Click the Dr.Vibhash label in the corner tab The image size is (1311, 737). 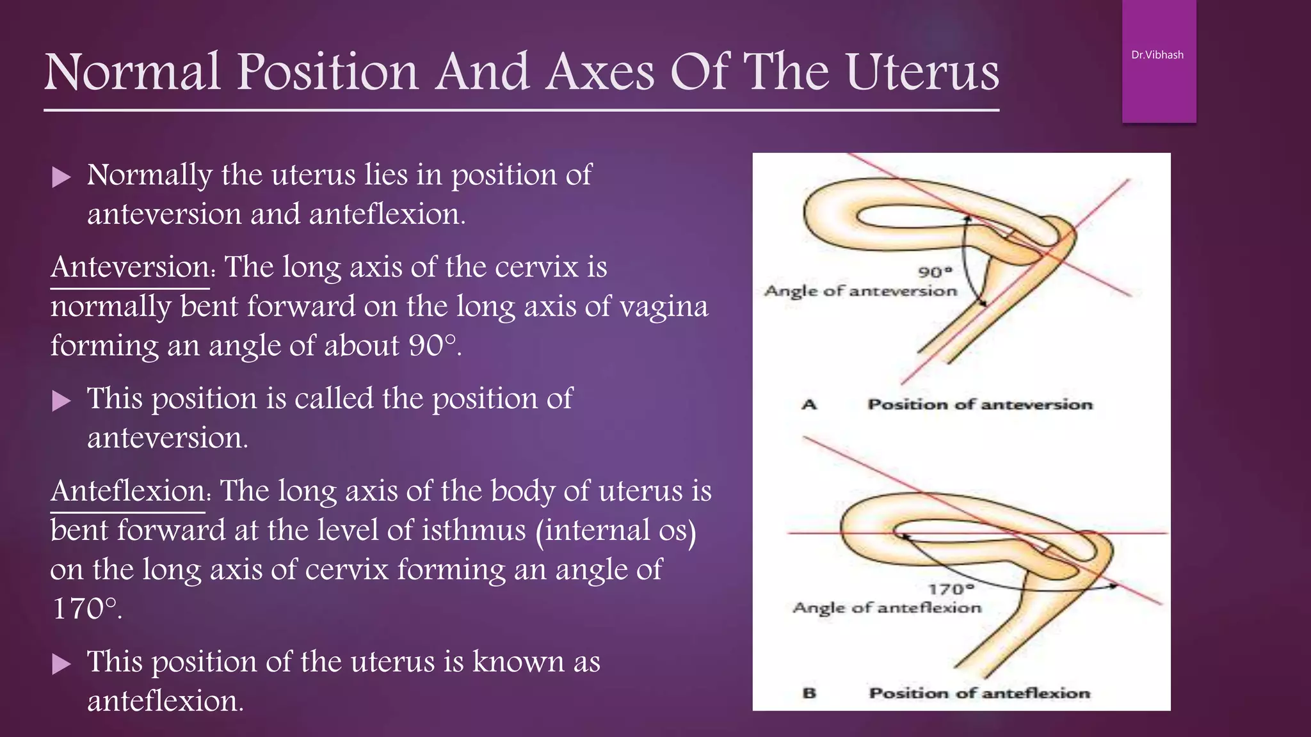click(1157, 55)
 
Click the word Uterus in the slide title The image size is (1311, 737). click(922, 72)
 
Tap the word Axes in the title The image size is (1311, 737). click(600, 72)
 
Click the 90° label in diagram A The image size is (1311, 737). click(935, 272)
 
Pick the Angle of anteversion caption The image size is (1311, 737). click(860, 291)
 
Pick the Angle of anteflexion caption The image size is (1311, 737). click(887, 608)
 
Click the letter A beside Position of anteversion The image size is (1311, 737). click(810, 404)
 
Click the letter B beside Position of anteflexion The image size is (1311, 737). click(810, 693)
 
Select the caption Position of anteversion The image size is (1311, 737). click(979, 404)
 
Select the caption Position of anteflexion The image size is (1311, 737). click(979, 693)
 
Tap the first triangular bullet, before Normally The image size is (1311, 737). click(61, 177)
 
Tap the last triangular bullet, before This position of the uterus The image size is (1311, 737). click(61, 663)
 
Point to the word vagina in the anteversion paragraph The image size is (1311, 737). click(665, 306)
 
